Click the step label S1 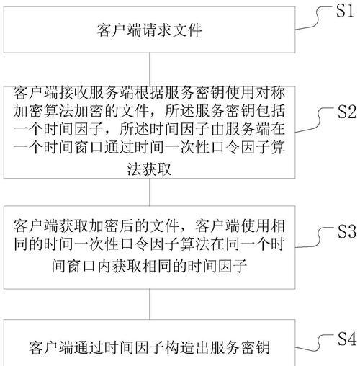tap(345, 11)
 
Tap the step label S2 tap(347, 112)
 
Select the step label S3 tap(347, 231)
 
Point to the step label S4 tap(347, 339)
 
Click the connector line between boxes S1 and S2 tap(150, 69)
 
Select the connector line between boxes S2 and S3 tap(150, 192)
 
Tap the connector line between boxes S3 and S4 tap(150, 304)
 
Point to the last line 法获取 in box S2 tap(149, 169)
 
